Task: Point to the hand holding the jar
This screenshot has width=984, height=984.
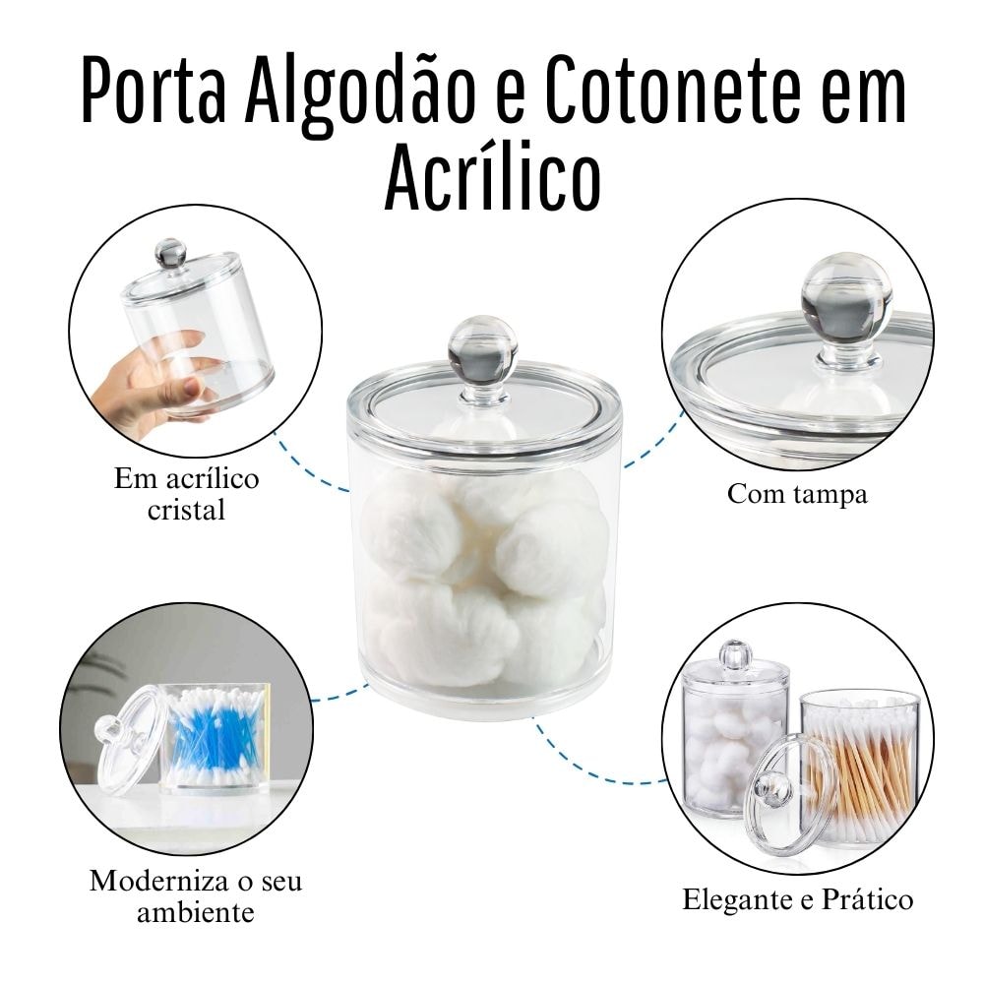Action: tap(148, 379)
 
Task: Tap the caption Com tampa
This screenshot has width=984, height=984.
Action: tap(797, 493)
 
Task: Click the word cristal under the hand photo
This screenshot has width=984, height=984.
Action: tap(186, 510)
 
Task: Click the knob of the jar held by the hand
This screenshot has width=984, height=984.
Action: tap(169, 254)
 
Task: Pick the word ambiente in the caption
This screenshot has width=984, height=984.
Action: tap(195, 911)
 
